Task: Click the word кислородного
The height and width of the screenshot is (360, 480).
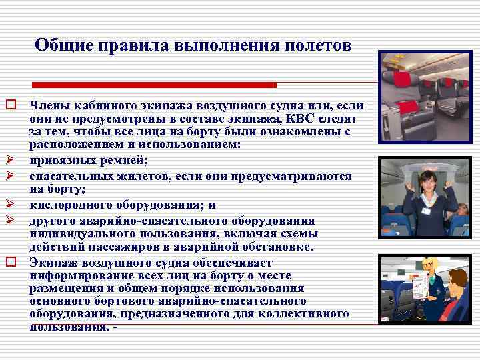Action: [x=69, y=205]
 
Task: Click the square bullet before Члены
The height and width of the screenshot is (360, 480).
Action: [x=11, y=105]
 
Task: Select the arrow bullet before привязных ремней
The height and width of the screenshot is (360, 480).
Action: [x=11, y=161]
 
